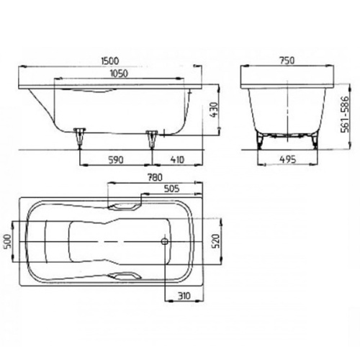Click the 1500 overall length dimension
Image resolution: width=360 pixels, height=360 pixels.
110,60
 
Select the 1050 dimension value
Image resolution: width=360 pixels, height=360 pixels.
119,73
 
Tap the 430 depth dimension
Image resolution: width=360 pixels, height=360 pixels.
214,109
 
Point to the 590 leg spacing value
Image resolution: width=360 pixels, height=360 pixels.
116,160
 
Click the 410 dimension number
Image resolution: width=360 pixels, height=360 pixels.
177,160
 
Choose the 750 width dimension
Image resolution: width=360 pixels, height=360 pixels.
287,60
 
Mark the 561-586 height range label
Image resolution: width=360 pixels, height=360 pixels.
345,114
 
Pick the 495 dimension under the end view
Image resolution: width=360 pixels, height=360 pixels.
288,160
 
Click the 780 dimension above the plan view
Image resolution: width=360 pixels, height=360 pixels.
156,177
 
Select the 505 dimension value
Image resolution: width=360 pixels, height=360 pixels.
172,189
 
